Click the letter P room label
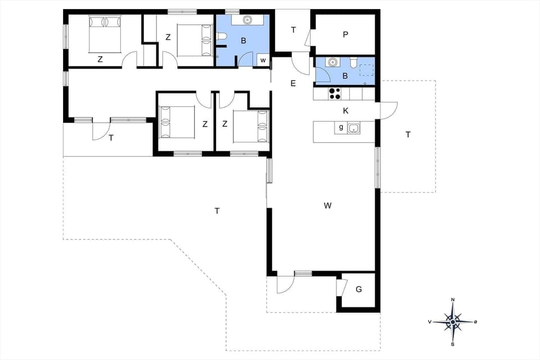pyautogui.click(x=345, y=34)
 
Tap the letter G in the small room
pyautogui.click(x=359, y=290)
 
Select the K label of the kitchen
pyautogui.click(x=345, y=111)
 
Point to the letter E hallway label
pyautogui.click(x=292, y=84)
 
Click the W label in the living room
pyautogui.click(x=327, y=206)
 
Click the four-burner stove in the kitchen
pyautogui.click(x=335, y=93)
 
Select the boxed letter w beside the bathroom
pyautogui.click(x=263, y=60)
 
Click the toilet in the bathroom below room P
pyautogui.click(x=353, y=62)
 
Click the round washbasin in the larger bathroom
pyautogui.click(x=247, y=20)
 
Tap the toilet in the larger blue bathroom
pyautogui.click(x=221, y=37)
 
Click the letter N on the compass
pyautogui.click(x=453, y=300)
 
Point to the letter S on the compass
pyautogui.click(x=453, y=343)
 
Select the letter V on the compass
pyautogui.click(x=430, y=322)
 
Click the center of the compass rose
pyautogui.click(x=453, y=321)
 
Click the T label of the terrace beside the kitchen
pyautogui.click(x=408, y=134)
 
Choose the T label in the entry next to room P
pyautogui.click(x=293, y=30)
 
